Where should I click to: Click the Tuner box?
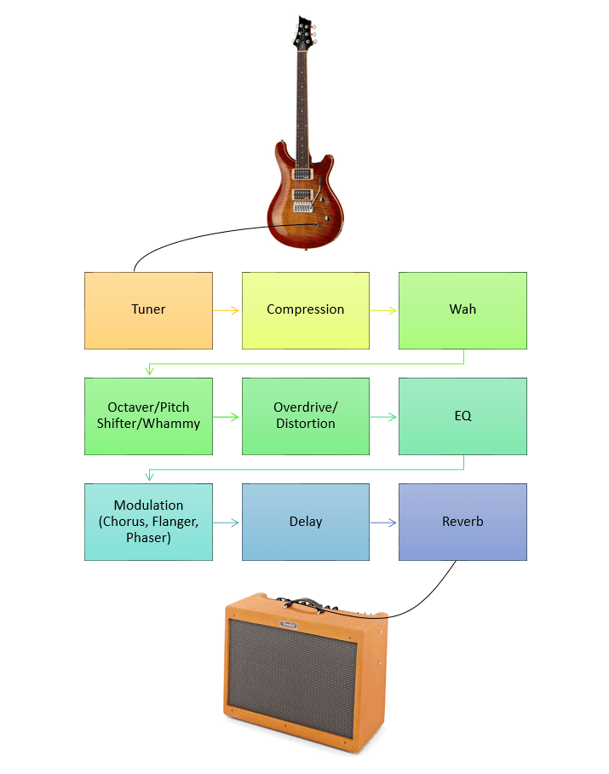[x=148, y=310]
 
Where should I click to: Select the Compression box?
[x=306, y=310]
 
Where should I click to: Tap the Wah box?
[x=462, y=310]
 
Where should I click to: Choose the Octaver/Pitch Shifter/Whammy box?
[x=148, y=416]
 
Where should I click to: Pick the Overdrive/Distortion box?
[x=306, y=416]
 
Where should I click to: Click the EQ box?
[x=462, y=416]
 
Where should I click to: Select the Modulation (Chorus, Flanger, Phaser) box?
[x=148, y=522]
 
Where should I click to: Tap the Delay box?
[x=306, y=522]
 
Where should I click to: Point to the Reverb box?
[x=462, y=522]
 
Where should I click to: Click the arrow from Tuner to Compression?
[x=227, y=310]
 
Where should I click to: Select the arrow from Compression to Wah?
[x=384, y=310]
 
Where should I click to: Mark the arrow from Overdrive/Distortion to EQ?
[x=384, y=417]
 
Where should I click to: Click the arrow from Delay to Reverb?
[x=384, y=523]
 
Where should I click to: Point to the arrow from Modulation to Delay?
[x=227, y=523]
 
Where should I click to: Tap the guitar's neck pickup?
[x=300, y=173]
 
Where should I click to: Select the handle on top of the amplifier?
[x=305, y=604]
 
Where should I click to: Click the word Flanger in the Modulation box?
[x=173, y=522]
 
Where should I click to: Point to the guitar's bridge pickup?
[x=301, y=193]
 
